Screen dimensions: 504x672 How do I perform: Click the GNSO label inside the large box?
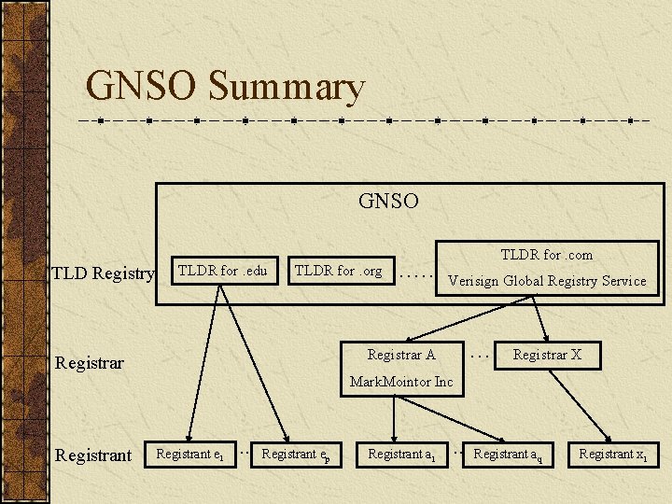coord(388,201)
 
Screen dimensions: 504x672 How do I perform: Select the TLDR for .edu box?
coord(222,272)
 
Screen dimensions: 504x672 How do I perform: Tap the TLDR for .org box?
coord(338,272)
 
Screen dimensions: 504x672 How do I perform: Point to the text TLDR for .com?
coord(546,255)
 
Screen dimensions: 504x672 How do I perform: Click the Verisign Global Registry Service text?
coord(546,281)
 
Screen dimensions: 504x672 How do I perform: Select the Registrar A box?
coord(401,355)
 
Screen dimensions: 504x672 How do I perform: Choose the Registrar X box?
coord(547,355)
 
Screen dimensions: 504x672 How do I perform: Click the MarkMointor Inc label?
coord(401,382)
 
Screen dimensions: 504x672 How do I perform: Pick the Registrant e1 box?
coord(189,455)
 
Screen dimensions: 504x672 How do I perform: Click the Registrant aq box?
coord(508,455)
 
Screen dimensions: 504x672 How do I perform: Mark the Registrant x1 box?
coord(613,455)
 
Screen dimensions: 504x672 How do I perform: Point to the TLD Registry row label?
coord(103,273)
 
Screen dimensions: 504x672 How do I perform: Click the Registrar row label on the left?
coord(90,362)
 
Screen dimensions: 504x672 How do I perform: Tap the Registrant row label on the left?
coord(93,455)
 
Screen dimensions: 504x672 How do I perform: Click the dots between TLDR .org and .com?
coord(416,275)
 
